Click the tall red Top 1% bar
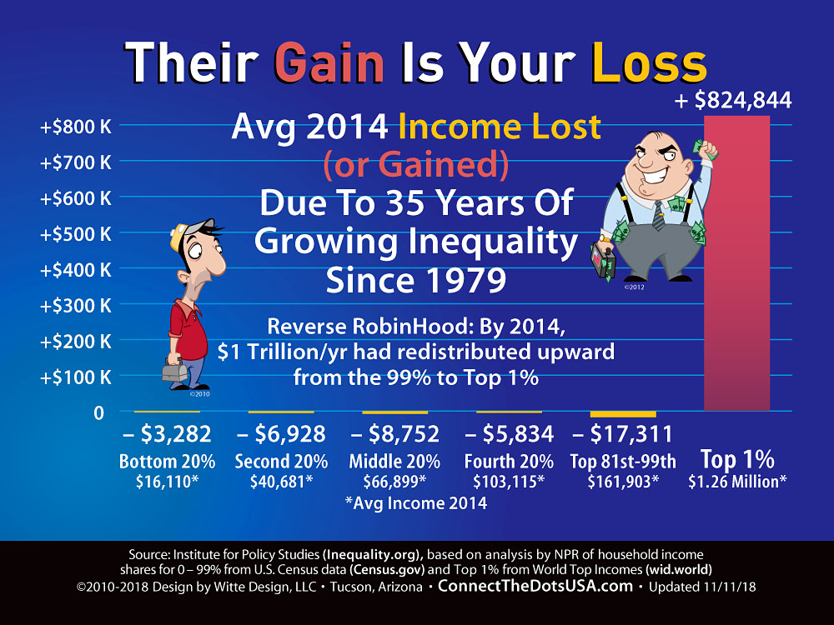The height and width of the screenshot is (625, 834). (736, 263)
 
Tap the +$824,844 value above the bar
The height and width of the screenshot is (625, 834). (733, 100)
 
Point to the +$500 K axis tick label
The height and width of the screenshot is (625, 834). (76, 234)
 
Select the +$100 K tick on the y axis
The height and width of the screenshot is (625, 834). (76, 377)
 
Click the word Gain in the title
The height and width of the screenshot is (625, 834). (329, 62)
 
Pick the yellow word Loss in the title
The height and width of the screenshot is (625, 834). (650, 62)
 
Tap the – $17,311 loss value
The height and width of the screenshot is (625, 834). (623, 433)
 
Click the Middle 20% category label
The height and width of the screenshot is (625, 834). (394, 461)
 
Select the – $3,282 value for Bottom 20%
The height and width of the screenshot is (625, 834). (167, 433)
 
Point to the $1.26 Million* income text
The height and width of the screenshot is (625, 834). (737, 482)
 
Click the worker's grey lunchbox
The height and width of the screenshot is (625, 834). (175, 369)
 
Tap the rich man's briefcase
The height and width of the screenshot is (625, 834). (603, 260)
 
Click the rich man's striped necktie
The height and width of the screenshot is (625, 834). (659, 215)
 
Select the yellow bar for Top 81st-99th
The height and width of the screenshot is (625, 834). (623, 414)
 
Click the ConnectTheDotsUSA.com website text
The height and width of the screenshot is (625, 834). (535, 586)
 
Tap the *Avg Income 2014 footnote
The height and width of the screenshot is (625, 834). (416, 502)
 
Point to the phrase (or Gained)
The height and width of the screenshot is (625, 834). (416, 164)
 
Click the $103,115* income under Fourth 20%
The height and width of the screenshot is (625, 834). (509, 482)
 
